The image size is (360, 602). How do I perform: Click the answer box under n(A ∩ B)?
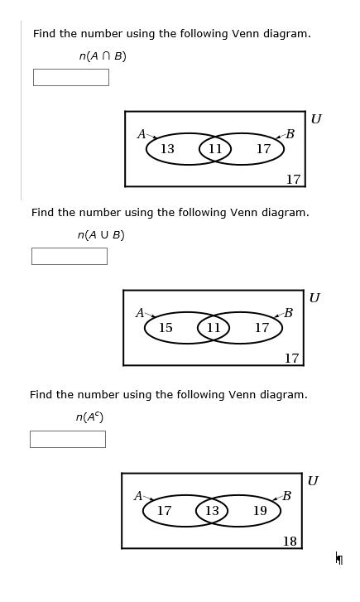tap(70, 77)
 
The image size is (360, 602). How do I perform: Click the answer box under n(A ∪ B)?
tap(69, 256)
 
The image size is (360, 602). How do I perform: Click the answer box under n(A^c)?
tap(67, 439)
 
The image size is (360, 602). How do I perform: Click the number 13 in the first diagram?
tap(167, 149)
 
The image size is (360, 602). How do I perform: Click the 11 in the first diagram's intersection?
tap(215, 149)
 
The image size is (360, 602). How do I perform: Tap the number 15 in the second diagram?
tap(166, 328)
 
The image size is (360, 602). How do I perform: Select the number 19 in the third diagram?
tap(260, 511)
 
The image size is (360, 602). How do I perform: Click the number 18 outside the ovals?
tap(290, 542)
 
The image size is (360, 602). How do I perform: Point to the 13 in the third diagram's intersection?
tap(212, 511)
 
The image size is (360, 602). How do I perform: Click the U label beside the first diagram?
tap(316, 119)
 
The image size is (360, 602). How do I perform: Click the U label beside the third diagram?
tap(313, 481)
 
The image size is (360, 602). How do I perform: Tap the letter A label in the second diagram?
tap(141, 313)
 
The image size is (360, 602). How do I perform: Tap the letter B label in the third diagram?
tap(286, 496)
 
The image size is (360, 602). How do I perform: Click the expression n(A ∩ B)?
tap(103, 56)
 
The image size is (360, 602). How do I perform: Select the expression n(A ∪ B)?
tap(101, 235)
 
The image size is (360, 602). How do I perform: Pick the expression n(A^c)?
tap(90, 417)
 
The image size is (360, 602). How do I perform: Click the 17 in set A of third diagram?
tap(164, 511)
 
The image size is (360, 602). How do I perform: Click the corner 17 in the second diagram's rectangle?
tap(291, 359)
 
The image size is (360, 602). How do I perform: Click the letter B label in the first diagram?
tap(290, 134)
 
